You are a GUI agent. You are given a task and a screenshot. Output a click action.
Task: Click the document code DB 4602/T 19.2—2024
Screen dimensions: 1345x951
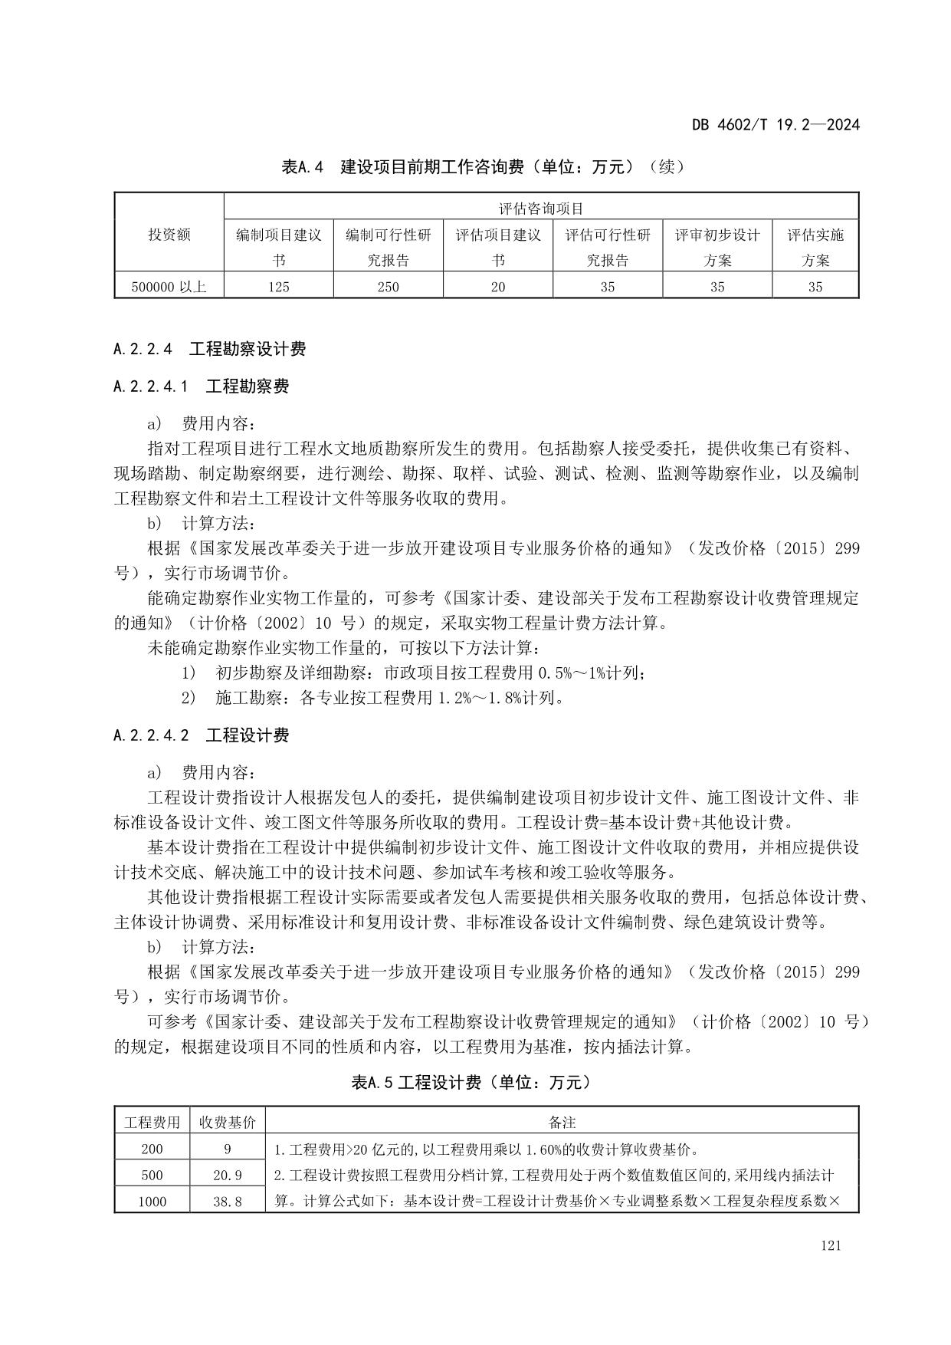(776, 124)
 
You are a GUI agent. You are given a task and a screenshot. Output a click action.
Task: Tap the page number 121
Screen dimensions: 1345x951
(830, 1245)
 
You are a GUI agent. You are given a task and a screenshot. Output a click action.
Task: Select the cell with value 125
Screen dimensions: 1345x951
(279, 287)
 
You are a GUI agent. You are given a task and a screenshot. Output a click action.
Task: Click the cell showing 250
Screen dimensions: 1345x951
(388, 287)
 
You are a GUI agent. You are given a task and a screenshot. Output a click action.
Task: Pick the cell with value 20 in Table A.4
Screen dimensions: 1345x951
(498, 287)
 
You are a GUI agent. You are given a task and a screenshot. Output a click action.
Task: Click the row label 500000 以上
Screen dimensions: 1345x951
(169, 287)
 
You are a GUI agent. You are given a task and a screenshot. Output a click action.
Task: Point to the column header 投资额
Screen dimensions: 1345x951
(169, 235)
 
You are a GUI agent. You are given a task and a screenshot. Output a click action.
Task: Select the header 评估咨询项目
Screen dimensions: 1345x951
(541, 208)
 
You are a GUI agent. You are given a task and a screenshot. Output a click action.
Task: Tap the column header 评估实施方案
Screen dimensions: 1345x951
(815, 247)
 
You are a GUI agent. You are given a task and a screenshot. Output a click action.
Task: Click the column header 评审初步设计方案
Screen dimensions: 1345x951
(717, 247)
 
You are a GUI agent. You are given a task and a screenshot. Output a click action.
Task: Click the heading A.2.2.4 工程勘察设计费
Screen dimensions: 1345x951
(209, 350)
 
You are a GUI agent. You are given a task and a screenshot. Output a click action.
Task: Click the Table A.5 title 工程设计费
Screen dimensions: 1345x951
(471, 1082)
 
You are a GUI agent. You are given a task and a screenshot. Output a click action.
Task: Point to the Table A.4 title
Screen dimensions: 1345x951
(483, 166)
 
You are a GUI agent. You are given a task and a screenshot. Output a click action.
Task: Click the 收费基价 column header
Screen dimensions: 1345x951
(228, 1122)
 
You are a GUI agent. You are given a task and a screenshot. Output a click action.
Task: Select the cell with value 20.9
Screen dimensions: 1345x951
(228, 1175)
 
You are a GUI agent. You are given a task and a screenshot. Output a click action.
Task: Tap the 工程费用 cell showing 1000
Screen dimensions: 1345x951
(152, 1202)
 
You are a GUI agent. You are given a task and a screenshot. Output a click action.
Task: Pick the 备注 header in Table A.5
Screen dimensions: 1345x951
(562, 1122)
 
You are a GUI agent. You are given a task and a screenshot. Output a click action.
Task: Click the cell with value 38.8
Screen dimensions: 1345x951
(228, 1202)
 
